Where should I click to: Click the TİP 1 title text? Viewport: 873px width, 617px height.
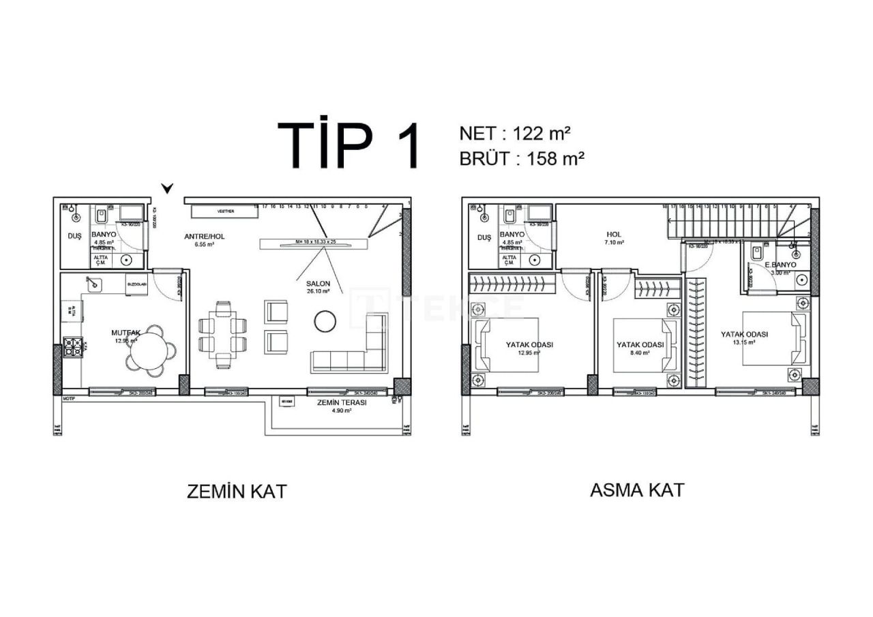(347, 146)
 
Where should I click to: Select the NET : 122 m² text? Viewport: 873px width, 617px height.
(515, 133)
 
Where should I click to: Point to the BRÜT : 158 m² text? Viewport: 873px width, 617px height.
(522, 159)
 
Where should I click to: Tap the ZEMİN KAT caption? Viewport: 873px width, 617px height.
(237, 492)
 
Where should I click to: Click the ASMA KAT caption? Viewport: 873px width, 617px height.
(636, 490)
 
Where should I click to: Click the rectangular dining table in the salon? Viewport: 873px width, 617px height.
(223, 334)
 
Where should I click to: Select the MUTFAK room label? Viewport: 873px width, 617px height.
(125, 333)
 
